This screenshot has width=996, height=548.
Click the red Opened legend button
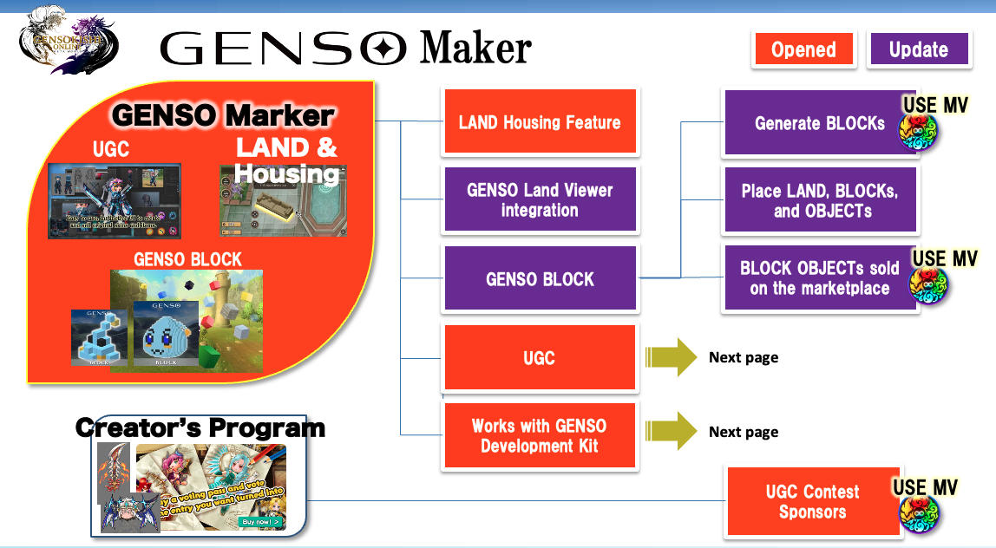pos(803,49)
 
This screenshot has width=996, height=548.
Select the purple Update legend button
pos(919,49)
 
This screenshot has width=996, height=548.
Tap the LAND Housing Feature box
pos(540,122)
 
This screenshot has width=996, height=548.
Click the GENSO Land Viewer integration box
pos(540,200)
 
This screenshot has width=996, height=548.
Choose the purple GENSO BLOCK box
pos(540,279)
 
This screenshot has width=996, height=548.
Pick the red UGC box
pos(540,357)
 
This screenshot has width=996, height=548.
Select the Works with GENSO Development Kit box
pos(540,436)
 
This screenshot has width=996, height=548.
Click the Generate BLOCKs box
pos(819,123)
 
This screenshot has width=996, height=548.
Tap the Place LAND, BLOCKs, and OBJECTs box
pos(819,200)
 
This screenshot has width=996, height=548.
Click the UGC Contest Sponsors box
pos(812,501)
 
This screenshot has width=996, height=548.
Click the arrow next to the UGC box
pos(671,357)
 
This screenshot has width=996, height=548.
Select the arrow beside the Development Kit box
pos(671,432)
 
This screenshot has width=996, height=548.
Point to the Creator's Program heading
pos(200,427)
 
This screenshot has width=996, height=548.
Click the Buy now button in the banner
pos(261,521)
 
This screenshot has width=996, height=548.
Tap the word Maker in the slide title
pos(475,49)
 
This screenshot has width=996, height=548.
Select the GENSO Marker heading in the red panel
pos(223,115)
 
